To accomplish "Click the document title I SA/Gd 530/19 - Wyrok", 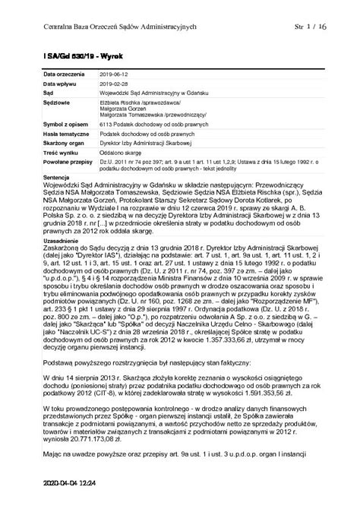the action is coord(69,55).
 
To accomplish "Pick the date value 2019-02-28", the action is coord(115,84).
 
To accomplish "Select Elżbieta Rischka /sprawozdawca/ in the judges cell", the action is coord(142,100).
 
